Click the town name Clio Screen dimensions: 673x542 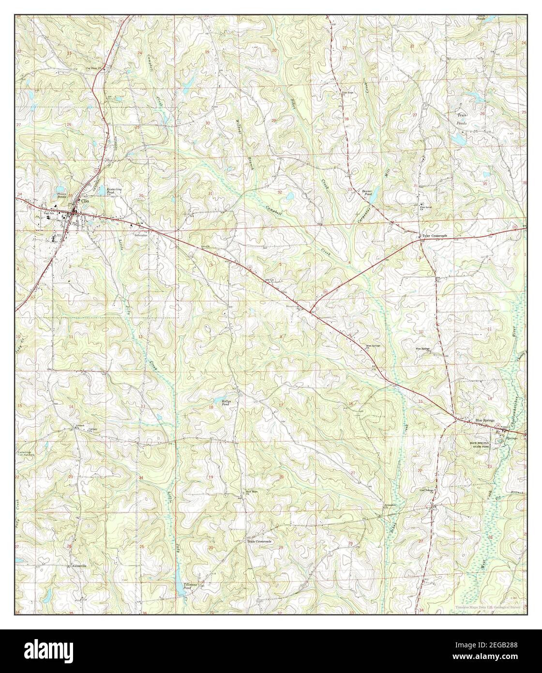(x=86, y=201)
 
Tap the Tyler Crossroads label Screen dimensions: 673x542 (x=435, y=236)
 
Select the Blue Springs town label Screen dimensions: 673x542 (x=484, y=420)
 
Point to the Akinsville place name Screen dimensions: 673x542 (x=79, y=565)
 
